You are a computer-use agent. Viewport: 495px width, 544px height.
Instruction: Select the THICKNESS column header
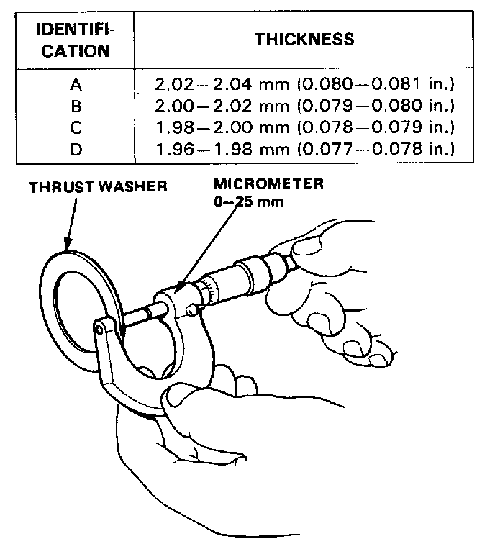304,39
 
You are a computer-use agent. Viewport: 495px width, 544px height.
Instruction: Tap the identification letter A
76,85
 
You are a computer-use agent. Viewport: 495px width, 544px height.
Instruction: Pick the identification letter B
76,106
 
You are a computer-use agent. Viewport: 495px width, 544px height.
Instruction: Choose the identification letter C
76,128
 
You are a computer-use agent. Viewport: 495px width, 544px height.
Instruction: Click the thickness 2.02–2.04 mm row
305,85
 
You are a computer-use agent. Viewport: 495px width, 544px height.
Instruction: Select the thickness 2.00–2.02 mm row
305,106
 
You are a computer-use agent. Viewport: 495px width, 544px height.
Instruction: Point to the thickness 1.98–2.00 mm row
305,128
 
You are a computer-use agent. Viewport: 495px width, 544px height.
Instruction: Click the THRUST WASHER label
98,187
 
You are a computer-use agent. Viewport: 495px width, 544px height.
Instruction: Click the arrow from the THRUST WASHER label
69,223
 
